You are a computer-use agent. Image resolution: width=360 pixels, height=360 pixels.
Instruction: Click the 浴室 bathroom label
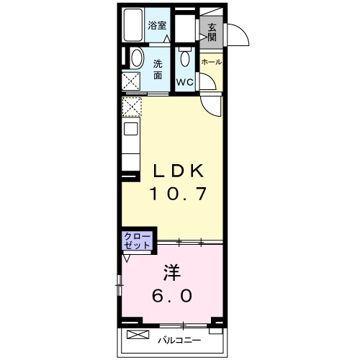tap(157, 25)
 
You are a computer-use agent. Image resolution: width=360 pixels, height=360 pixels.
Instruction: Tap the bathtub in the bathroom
tap(133, 25)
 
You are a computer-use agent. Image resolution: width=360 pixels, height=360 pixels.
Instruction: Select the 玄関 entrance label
tap(212, 32)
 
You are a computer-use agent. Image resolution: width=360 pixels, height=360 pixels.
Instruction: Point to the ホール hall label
tap(212, 62)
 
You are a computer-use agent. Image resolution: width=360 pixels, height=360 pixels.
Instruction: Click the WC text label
tap(185, 82)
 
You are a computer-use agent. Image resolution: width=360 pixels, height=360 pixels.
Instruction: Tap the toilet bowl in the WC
tap(185, 58)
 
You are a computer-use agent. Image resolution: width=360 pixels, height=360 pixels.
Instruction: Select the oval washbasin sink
tap(137, 58)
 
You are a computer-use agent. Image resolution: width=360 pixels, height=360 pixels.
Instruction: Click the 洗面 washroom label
tap(158, 70)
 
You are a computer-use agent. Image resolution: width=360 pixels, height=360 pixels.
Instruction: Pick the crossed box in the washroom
tap(131, 81)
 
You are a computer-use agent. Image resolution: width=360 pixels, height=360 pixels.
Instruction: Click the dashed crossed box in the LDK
tap(132, 107)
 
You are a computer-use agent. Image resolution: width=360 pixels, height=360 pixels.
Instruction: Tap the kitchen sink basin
tap(131, 129)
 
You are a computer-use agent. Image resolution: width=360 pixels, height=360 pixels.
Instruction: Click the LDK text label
tap(178, 171)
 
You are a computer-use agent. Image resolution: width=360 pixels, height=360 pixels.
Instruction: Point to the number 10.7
tap(178, 194)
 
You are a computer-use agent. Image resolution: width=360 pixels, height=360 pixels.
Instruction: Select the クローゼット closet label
tap(137, 240)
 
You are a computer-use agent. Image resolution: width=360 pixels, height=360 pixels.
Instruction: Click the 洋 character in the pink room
tap(172, 273)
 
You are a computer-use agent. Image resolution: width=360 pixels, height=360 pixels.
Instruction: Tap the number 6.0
tap(172, 295)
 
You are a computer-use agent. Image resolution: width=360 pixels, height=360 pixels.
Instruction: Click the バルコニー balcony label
tap(179, 341)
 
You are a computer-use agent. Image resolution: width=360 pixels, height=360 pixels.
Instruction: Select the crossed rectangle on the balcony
tap(138, 334)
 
